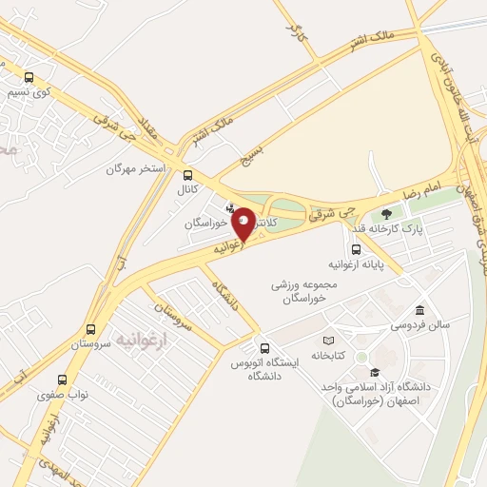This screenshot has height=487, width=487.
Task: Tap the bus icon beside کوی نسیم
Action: tap(29, 78)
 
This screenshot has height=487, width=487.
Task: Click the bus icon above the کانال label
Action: tap(187, 175)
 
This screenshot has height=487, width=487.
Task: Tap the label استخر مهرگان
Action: tap(136, 168)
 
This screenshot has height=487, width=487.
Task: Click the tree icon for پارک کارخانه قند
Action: tap(385, 214)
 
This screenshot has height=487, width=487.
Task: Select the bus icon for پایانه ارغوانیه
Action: tap(357, 249)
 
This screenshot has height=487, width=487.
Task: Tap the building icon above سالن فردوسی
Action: tap(419, 310)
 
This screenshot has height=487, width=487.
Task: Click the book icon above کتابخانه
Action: tap(328, 341)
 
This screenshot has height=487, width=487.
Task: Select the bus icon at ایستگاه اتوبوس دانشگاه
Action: tap(255, 346)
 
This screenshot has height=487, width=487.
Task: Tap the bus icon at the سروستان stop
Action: tap(90, 330)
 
